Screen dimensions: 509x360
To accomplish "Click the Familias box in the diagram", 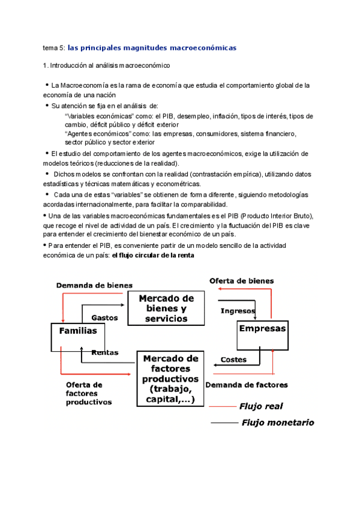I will point(77,336).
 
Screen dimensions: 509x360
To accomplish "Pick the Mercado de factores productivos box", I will point(170,379).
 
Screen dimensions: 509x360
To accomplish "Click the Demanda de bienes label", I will point(94,285).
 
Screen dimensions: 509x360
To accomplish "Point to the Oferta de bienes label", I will point(241,281).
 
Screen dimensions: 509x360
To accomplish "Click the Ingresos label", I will point(238,311).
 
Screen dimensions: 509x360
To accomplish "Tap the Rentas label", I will point(104,353).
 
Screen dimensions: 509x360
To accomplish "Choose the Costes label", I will point(233,360).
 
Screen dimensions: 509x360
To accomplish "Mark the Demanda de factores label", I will point(246,385).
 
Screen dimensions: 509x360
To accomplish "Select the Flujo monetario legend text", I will point(277,423).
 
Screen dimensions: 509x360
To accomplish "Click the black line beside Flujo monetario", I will point(225,423).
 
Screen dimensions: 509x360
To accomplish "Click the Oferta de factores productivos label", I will point(88,393).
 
